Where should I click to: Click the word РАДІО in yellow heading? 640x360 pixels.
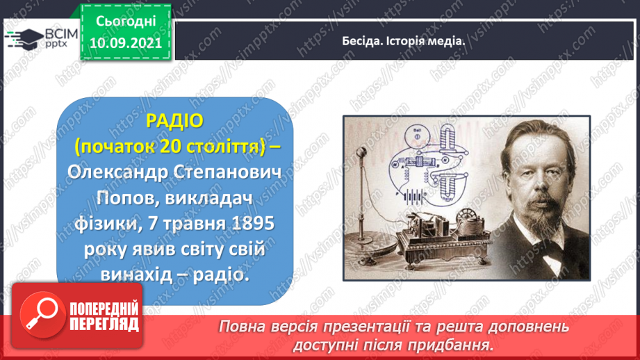point(174,121)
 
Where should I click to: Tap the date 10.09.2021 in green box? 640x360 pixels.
point(126,43)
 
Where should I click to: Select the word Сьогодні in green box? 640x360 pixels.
point(126,22)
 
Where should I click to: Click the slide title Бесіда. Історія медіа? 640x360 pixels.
point(403,41)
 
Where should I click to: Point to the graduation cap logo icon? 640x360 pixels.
point(24,39)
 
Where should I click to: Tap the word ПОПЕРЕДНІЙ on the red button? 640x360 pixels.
point(104,309)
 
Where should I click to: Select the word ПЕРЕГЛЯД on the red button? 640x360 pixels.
point(104,325)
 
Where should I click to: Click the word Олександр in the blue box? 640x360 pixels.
point(118,173)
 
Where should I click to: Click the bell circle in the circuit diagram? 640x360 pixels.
point(417,135)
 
